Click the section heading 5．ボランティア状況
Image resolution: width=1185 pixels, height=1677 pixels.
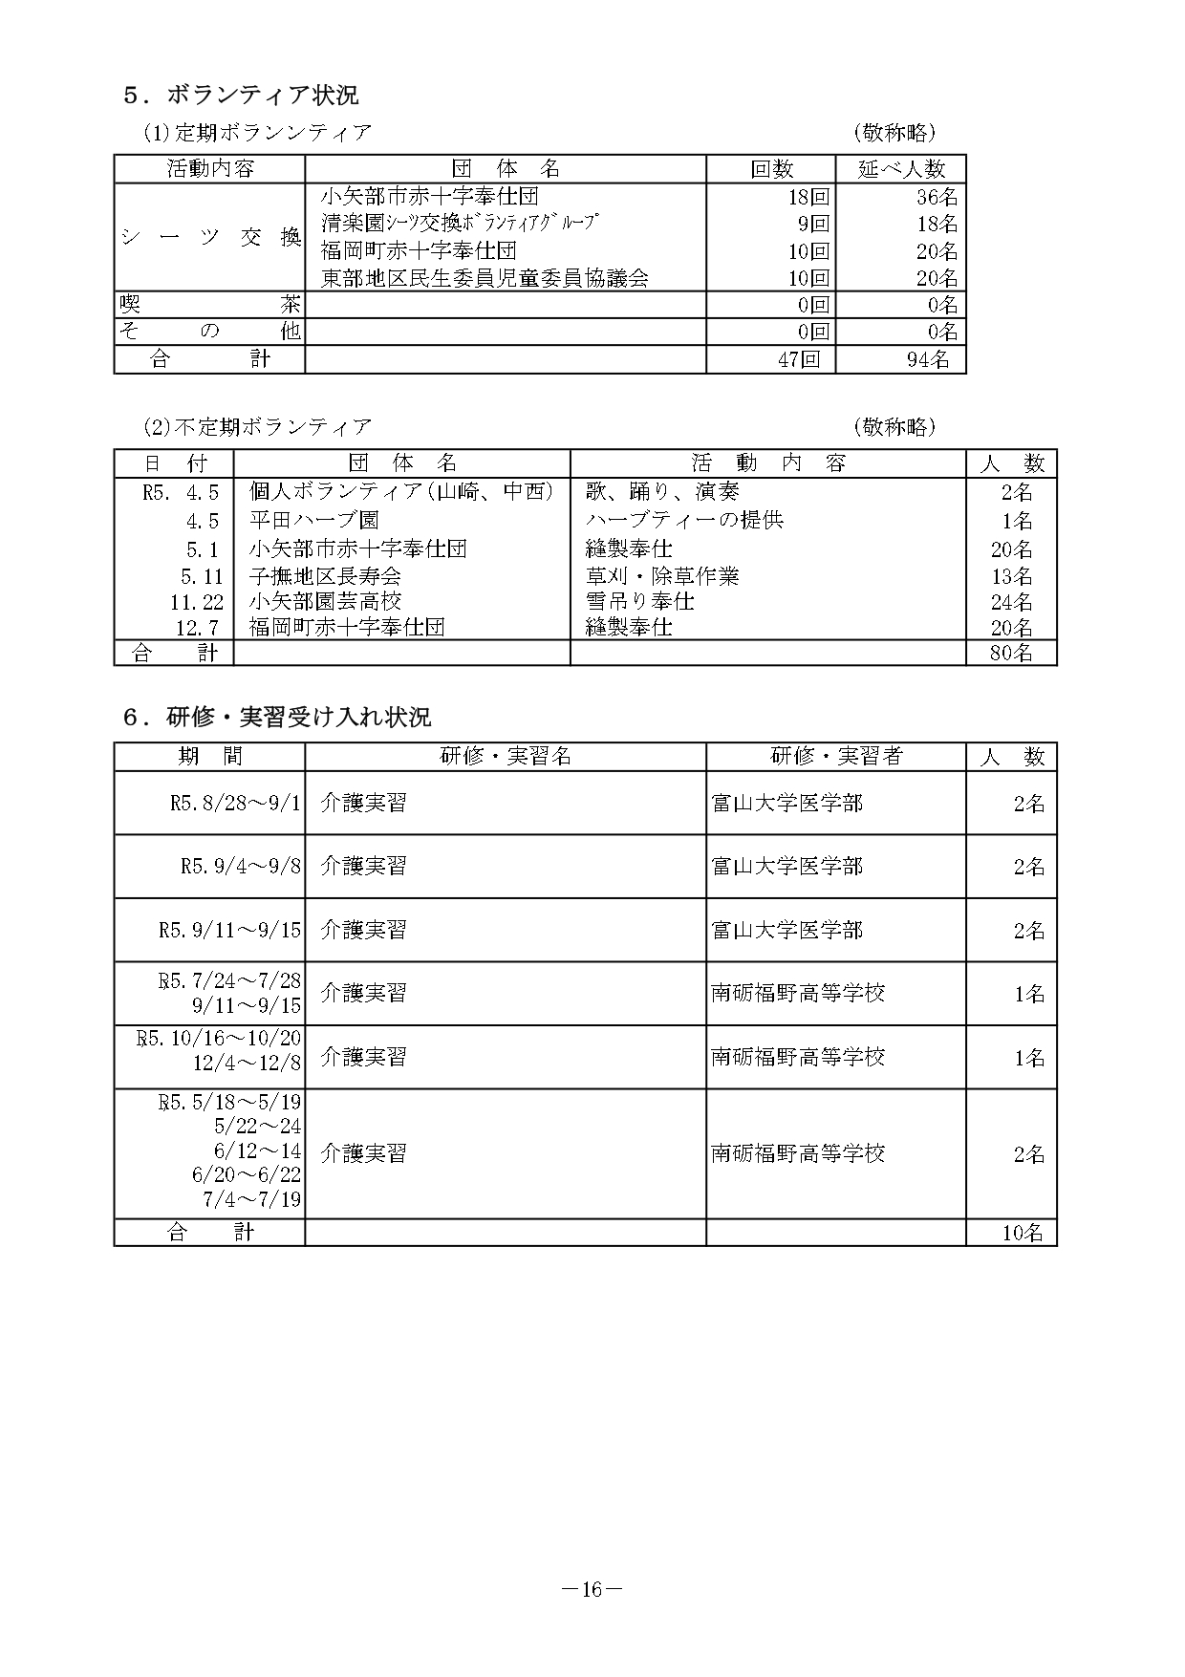tap(240, 96)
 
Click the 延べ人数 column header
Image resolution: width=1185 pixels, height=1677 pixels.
tap(900, 169)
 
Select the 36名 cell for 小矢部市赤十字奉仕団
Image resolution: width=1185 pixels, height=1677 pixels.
tap(937, 198)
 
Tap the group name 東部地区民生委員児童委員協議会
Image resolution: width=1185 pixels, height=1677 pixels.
tap(485, 279)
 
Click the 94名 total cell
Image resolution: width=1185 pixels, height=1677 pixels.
tap(928, 360)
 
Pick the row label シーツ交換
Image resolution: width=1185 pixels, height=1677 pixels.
tap(210, 238)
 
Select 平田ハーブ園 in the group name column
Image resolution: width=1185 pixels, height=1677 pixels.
tap(313, 521)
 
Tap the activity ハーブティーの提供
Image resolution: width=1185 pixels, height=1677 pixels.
tap(684, 521)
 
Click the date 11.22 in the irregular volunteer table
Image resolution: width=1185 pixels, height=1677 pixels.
tap(197, 602)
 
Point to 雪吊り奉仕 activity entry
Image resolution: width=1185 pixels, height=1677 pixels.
tap(639, 602)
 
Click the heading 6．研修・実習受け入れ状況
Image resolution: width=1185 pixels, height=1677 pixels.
tap(276, 717)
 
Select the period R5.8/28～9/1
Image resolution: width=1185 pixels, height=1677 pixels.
tap(235, 804)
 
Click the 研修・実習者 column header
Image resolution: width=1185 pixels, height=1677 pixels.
tap(835, 757)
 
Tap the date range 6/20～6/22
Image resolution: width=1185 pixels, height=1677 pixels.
tap(247, 1175)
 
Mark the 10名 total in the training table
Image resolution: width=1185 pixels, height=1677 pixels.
tap(1022, 1233)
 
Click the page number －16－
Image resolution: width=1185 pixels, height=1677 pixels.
tap(592, 1589)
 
